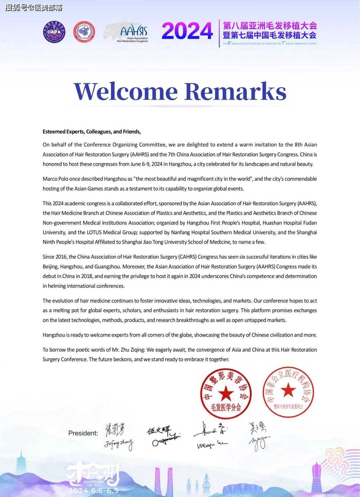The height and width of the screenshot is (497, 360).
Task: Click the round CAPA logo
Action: (54, 32)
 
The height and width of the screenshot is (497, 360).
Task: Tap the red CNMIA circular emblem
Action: (84, 32)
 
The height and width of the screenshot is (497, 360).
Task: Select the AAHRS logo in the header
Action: (133, 33)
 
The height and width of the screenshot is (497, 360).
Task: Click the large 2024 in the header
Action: (187, 31)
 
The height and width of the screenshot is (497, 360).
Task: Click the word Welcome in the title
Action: (125, 91)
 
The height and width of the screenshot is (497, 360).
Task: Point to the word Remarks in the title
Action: (235, 91)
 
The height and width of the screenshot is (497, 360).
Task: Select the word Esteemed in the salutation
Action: (53, 132)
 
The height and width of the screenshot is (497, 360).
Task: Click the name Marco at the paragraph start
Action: (50, 179)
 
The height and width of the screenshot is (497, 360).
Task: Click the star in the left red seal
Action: (226, 393)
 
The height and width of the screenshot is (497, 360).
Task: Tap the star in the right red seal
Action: (288, 390)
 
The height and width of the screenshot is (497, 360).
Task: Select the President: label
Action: (83, 433)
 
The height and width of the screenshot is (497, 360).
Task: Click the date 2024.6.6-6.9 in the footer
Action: (94, 490)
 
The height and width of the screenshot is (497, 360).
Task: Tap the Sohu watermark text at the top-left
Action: (34, 7)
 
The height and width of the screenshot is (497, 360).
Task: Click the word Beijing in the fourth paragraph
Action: (51, 267)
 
